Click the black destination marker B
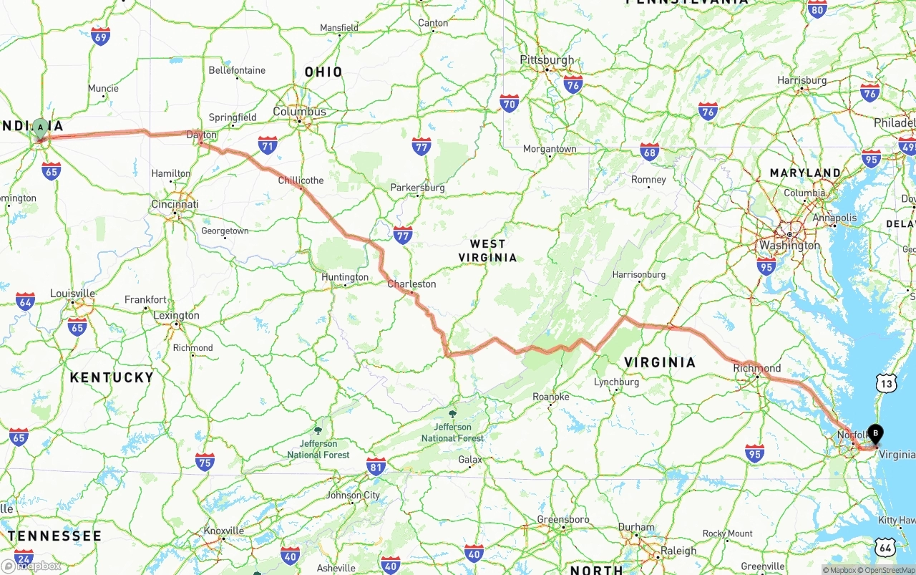(874, 433)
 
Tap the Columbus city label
(299, 112)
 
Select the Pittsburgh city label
(547, 59)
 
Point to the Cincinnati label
(175, 204)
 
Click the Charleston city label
(411, 284)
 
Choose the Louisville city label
(72, 294)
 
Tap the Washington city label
(790, 245)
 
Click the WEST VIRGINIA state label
(488, 251)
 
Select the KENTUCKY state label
(112, 377)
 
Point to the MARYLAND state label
(805, 173)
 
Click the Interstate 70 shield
(509, 103)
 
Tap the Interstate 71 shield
(268, 145)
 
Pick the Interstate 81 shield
(376, 466)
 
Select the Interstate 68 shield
(649, 151)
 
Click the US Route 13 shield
(887, 384)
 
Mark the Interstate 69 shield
(101, 37)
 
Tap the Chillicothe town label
(301, 180)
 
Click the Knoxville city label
(223, 531)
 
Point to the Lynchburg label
(616, 382)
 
